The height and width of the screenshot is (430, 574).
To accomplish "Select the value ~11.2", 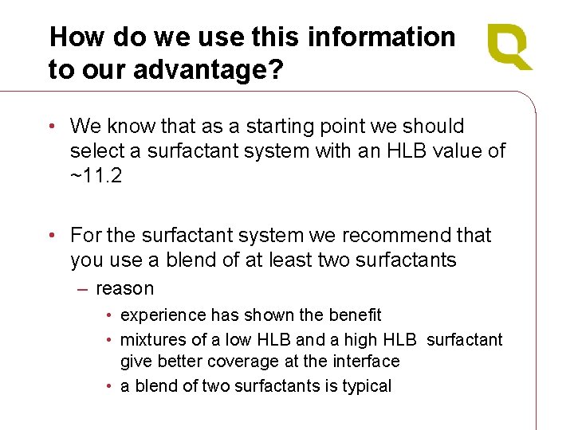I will [x=96, y=176].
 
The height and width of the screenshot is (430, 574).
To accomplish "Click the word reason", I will [x=124, y=288].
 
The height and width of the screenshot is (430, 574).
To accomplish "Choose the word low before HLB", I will [x=237, y=340].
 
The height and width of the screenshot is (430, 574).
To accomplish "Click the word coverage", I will [x=230, y=362].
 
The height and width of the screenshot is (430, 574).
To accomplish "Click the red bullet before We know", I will [x=52, y=127].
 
